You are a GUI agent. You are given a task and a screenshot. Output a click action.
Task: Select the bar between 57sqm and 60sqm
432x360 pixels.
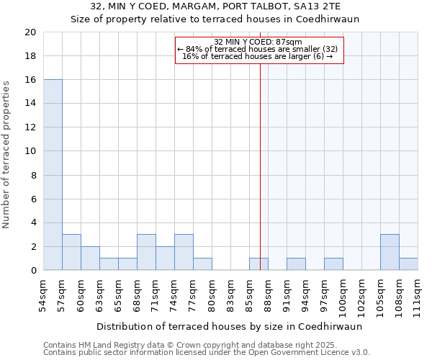71,252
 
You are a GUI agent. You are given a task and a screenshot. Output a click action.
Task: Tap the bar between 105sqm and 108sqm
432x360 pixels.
390,252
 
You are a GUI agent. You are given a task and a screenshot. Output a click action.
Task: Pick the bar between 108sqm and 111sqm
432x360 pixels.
408,264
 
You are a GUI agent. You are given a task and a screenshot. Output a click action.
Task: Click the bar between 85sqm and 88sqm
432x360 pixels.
258,264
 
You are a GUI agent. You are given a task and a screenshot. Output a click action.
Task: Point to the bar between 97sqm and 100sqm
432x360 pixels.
333,264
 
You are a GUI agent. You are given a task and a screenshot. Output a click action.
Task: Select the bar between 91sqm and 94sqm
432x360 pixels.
296,264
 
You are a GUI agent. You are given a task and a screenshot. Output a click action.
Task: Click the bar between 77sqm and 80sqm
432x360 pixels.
202,264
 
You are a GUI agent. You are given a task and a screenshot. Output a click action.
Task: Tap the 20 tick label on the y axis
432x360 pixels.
30,32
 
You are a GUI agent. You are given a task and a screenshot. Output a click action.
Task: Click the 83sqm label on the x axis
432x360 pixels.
230,294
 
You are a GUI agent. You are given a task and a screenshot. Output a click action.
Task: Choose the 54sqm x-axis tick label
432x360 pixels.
43,294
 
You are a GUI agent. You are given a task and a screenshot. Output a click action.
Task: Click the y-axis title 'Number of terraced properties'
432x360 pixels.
7,154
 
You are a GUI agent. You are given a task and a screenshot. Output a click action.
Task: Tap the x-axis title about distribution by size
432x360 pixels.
228,326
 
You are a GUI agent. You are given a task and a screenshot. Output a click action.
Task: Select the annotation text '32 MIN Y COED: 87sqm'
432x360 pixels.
258,42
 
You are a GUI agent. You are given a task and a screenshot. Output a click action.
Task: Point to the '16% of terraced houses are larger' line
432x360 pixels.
257,56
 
